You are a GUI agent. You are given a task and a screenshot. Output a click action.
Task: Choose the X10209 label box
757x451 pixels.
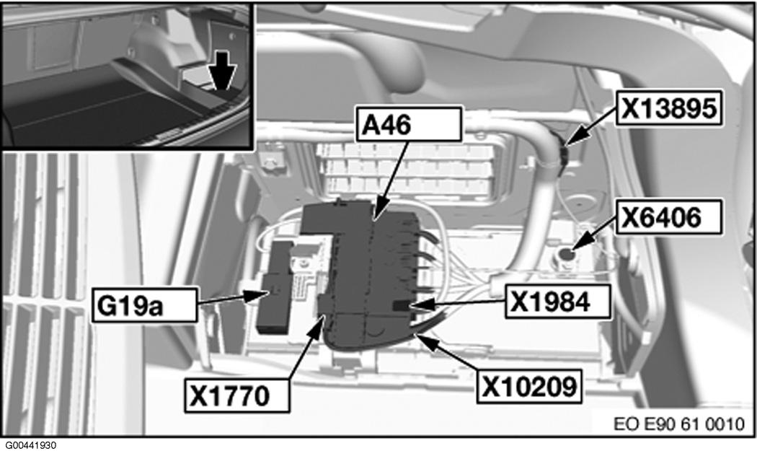click(x=529, y=387)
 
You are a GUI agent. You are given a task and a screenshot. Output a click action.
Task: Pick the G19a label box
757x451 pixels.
click(x=145, y=305)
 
